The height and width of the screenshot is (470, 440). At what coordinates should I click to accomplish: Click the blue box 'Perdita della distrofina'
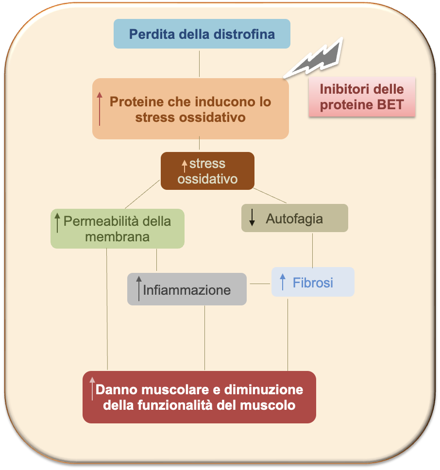202,34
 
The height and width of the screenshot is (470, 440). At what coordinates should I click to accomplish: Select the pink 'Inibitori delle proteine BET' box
362,97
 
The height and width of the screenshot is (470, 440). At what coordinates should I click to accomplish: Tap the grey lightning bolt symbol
318,59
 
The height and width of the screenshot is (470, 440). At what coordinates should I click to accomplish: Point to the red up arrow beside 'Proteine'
100,108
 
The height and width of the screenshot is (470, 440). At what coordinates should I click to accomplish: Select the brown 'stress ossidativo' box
207,171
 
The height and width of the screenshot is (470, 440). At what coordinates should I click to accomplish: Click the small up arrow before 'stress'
184,166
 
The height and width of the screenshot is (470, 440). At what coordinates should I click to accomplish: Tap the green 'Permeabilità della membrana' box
117,229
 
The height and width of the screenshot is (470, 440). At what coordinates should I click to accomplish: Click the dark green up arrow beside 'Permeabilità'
57,222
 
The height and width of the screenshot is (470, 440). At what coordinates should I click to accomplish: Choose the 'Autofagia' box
294,218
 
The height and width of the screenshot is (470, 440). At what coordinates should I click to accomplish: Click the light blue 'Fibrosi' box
313,282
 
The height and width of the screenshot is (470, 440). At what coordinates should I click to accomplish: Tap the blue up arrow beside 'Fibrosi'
283,282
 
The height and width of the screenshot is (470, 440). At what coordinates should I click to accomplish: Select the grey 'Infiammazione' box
186,289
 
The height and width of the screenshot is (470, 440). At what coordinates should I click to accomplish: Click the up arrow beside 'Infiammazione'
139,288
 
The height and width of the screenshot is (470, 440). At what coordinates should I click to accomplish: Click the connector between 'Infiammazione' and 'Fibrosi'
259,284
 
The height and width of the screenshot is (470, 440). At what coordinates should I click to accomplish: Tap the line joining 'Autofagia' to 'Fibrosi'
312,250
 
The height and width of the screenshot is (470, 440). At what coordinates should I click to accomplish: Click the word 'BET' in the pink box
390,105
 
